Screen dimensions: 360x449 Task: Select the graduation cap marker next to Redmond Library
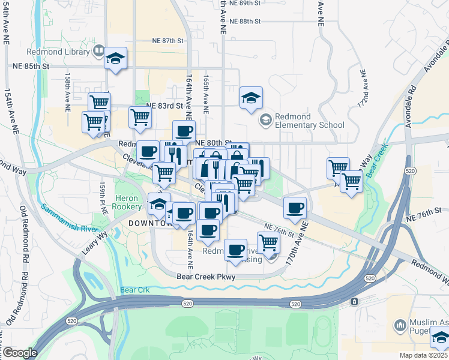click(116, 59)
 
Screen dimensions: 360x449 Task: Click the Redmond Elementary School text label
click(310, 121)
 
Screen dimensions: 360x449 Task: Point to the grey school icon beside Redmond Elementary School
click(265, 121)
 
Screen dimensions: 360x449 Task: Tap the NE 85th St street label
click(31, 66)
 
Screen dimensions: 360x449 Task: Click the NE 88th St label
click(245, 21)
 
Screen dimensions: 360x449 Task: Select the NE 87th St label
click(167, 41)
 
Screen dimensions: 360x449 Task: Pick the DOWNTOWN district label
click(150, 223)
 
